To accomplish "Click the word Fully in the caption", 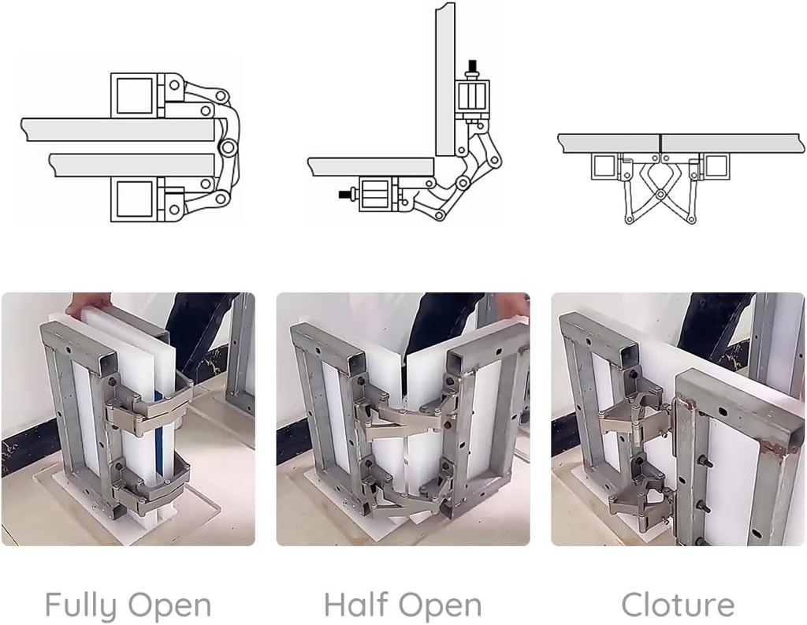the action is click(x=80, y=605).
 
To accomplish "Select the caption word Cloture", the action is click(x=678, y=605).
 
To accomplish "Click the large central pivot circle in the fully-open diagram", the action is click(x=227, y=148).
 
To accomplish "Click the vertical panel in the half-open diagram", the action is click(x=445, y=80).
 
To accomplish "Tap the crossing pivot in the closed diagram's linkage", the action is click(x=660, y=194).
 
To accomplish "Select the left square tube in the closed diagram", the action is click(x=604, y=166).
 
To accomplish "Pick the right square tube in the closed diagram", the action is click(x=716, y=166).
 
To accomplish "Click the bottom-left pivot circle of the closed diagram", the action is click(x=628, y=220).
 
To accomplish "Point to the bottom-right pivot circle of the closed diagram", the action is click(x=690, y=220).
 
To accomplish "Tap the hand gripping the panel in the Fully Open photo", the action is click(x=88, y=303).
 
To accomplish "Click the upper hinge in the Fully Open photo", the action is click(x=149, y=407).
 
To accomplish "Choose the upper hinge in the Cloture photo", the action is click(x=637, y=418).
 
